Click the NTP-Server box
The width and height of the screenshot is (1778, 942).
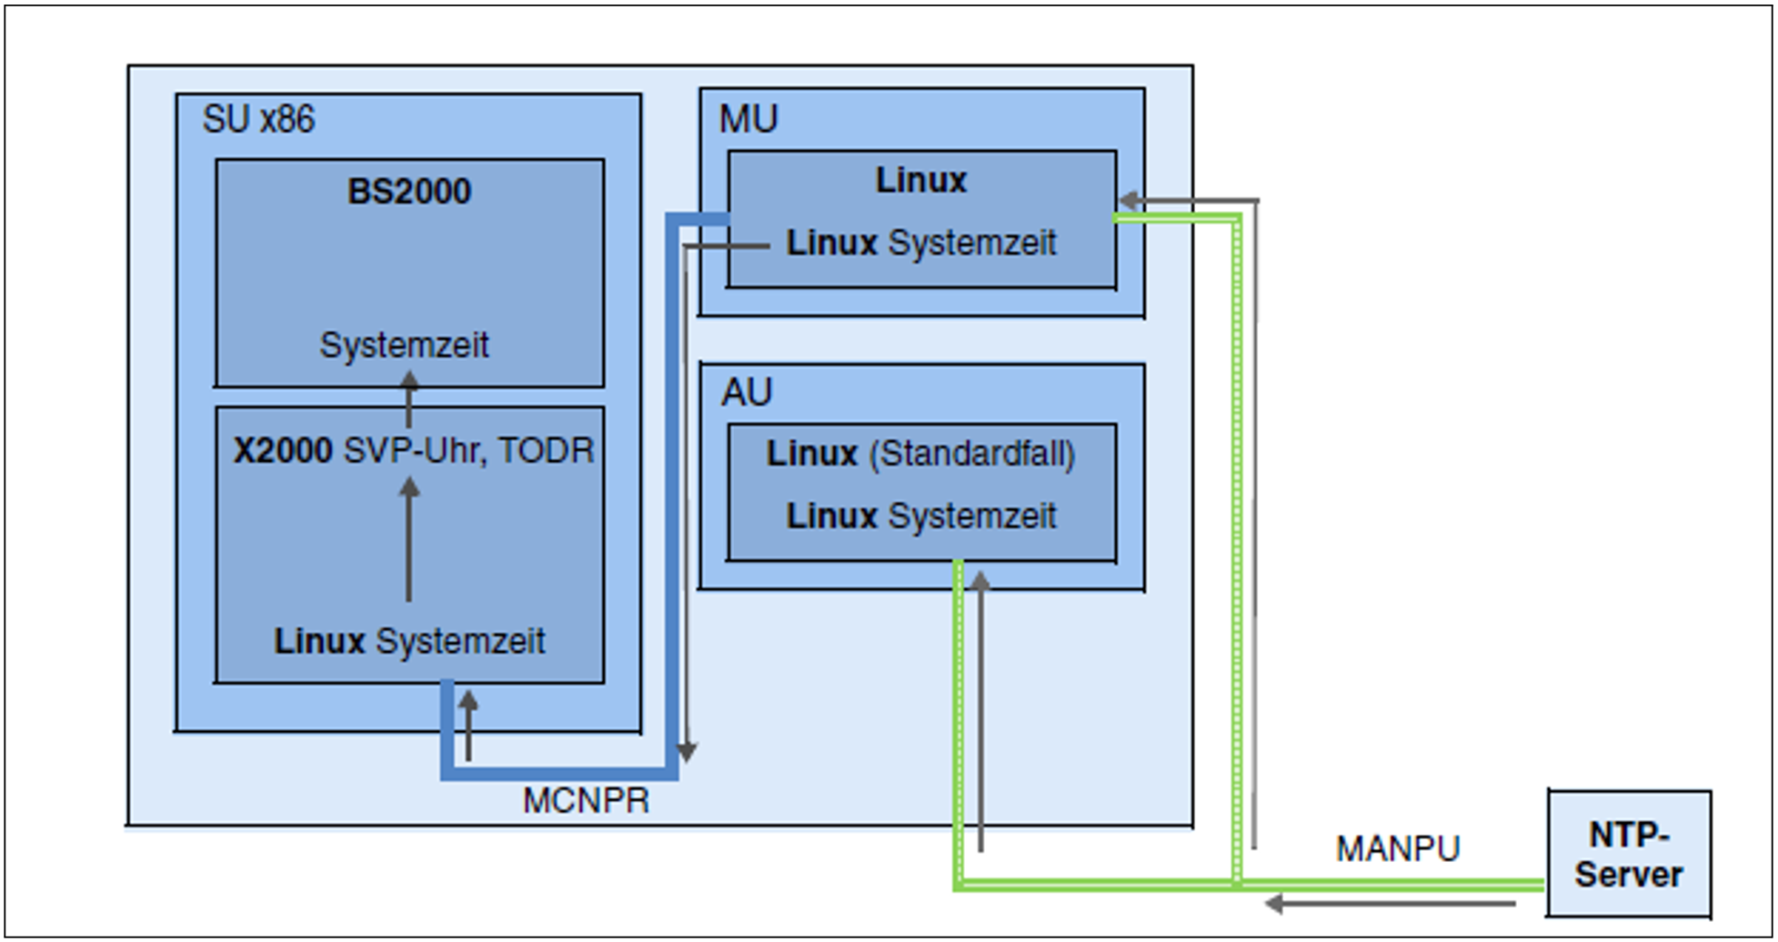[x=1629, y=854]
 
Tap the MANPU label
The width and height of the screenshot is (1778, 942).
[x=1397, y=848]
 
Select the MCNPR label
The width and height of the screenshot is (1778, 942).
[x=586, y=801]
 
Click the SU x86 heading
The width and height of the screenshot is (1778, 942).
[x=258, y=119]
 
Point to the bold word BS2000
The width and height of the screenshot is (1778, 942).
[x=409, y=191]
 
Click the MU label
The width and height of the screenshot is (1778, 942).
[x=748, y=119]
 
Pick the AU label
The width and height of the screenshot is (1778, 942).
[x=747, y=393]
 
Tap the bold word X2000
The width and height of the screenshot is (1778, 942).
[x=283, y=451]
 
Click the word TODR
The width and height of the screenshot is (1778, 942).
[x=546, y=451]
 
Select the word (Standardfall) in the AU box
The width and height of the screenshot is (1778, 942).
[x=972, y=454]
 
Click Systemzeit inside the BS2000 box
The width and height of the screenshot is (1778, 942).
[x=404, y=346]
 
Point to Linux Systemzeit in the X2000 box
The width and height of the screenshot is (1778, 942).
[x=409, y=641]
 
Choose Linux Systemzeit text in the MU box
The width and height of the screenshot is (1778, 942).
[x=921, y=243]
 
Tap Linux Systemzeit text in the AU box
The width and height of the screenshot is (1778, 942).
[x=921, y=516]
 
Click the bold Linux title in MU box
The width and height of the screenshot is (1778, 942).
[x=920, y=180]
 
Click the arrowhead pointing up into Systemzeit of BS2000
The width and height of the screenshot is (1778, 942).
[x=409, y=379]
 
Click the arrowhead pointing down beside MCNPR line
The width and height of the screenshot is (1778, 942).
[x=688, y=752]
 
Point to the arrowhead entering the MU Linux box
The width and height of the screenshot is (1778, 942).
[x=1128, y=200]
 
